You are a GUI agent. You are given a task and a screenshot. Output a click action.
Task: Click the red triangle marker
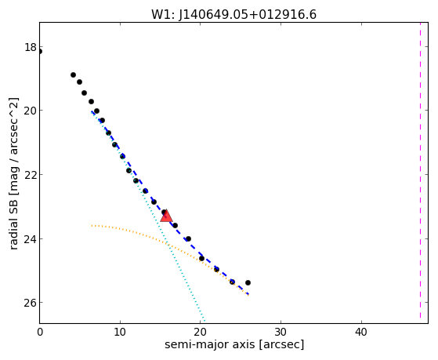pyautogui.click(x=166, y=216)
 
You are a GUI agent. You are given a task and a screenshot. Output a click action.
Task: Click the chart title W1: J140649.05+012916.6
pyautogui.click(x=233, y=14)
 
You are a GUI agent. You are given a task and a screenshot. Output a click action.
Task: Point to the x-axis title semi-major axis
pyautogui.click(x=209, y=344)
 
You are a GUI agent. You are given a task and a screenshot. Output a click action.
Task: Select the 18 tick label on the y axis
pyautogui.click(x=31, y=47)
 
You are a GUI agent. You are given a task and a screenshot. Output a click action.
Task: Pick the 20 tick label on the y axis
pyautogui.click(x=31, y=111)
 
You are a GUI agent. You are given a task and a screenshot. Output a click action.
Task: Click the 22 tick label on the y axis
pyautogui.click(x=31, y=175)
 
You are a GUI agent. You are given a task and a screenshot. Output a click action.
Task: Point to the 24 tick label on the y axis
pyautogui.click(x=31, y=239)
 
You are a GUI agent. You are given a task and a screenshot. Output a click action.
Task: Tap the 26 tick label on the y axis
pyautogui.click(x=31, y=303)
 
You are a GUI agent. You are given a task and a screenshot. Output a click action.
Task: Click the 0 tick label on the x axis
pyautogui.click(x=40, y=333)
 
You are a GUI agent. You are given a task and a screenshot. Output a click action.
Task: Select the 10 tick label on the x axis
pyautogui.click(x=120, y=333)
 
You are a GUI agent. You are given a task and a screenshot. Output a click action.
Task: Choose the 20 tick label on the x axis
pyautogui.click(x=201, y=333)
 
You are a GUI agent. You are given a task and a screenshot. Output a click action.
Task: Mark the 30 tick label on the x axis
pyautogui.click(x=281, y=333)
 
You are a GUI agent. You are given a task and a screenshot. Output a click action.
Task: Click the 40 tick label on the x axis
pyautogui.click(x=361, y=333)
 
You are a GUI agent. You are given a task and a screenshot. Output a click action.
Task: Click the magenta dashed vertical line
pyautogui.click(x=420, y=170)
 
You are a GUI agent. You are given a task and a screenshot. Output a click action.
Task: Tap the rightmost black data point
pyautogui.click(x=248, y=283)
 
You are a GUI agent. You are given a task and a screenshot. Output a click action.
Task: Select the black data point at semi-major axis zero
pyautogui.click(x=40, y=51)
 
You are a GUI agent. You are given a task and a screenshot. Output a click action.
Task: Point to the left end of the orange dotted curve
pyautogui.click(x=92, y=225)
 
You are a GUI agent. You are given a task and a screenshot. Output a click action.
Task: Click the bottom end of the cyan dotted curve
pyautogui.click(x=205, y=321)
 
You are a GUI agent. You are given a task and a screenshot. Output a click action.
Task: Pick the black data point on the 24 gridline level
pyautogui.click(x=188, y=238)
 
